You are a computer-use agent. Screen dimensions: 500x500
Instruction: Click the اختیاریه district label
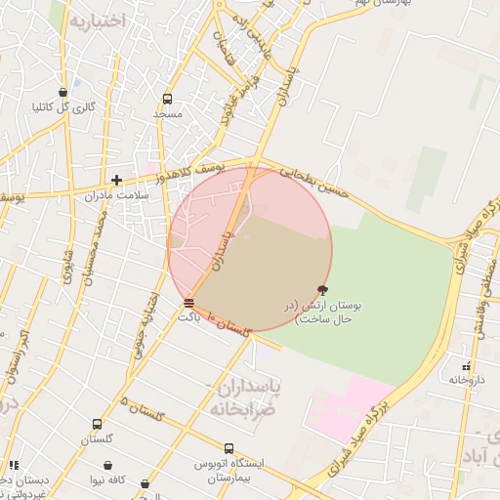point(96,21)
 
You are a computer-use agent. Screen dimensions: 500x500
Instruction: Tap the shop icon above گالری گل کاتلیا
point(63,92)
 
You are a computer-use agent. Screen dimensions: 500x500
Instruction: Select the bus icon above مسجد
point(167,99)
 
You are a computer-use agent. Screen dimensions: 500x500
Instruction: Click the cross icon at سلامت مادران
point(116,180)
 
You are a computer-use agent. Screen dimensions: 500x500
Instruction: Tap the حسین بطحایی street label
point(313,180)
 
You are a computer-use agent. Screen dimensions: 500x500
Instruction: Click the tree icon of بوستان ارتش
point(323,289)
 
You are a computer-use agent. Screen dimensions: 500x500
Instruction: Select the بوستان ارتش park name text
point(323,312)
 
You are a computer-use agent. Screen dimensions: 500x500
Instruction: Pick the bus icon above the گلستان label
point(97,424)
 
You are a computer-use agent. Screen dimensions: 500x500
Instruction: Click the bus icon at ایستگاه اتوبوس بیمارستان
point(229,448)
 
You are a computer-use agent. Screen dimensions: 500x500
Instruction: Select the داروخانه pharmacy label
point(465,379)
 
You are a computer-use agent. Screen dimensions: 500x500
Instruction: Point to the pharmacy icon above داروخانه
point(465,364)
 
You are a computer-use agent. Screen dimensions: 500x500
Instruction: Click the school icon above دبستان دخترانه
point(13,465)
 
